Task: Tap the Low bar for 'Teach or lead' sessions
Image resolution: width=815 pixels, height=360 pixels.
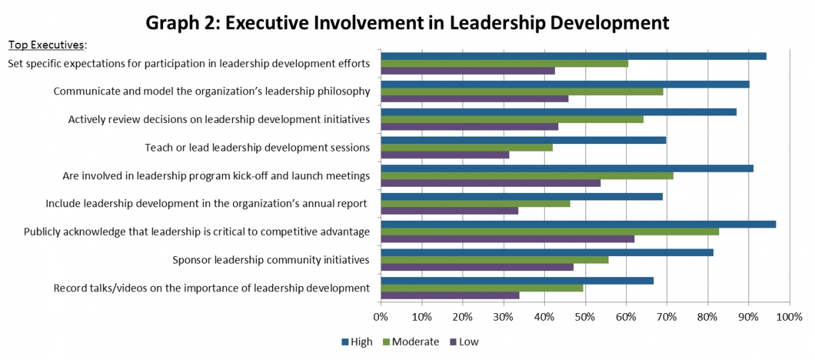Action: tap(445, 155)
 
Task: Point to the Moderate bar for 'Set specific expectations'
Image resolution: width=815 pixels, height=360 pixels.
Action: tap(504, 63)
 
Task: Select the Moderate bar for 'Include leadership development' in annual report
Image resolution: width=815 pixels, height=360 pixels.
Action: tap(475, 203)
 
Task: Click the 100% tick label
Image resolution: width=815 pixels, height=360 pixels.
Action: tap(789, 316)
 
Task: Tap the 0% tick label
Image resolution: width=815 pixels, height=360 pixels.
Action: tap(381, 316)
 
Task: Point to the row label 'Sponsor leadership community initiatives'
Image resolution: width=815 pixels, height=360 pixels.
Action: tap(270, 259)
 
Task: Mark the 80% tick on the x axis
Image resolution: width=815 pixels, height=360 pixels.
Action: tap(708, 316)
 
